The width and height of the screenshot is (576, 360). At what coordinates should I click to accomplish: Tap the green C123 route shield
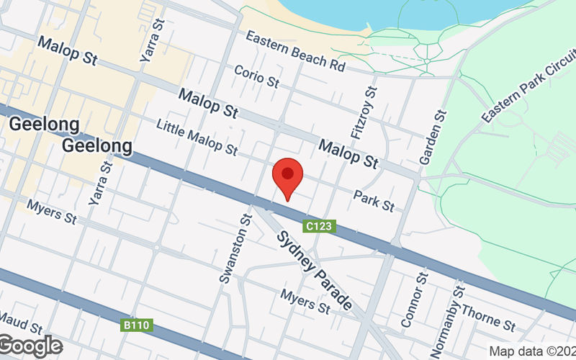[x=318, y=226]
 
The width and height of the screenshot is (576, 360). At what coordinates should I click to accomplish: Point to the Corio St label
[x=257, y=76]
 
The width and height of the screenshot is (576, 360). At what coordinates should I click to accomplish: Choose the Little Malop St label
[x=197, y=138]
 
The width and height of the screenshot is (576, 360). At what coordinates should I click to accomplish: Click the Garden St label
[x=433, y=135]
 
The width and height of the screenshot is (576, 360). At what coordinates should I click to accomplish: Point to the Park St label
[x=374, y=201]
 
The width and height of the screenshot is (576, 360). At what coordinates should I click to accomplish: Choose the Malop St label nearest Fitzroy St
[x=348, y=154]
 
